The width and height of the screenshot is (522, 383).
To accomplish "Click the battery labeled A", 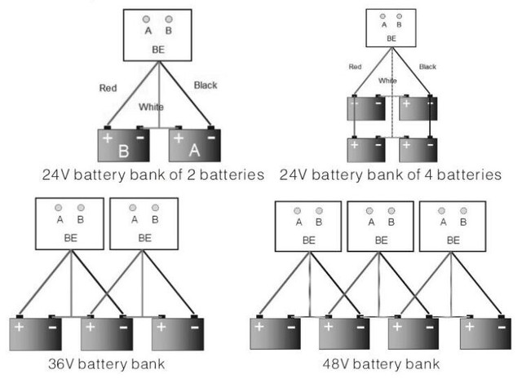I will (194, 147).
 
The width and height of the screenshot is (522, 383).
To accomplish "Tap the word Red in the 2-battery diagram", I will (108, 87).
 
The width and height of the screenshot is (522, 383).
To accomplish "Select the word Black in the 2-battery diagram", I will (206, 84).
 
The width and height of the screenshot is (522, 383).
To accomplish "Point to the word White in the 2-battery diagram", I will (151, 107).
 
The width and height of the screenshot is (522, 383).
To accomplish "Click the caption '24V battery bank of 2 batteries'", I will (153, 174).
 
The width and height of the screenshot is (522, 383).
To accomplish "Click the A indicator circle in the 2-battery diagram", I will (146, 18).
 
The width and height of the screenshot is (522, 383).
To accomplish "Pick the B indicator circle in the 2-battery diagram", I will (170, 18).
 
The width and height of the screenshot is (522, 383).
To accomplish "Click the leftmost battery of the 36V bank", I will (36, 333).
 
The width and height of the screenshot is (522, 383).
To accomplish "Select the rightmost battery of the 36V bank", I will (178, 333).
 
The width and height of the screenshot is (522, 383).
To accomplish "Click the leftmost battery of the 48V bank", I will (275, 333).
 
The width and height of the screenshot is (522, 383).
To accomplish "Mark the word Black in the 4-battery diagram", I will (428, 66).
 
